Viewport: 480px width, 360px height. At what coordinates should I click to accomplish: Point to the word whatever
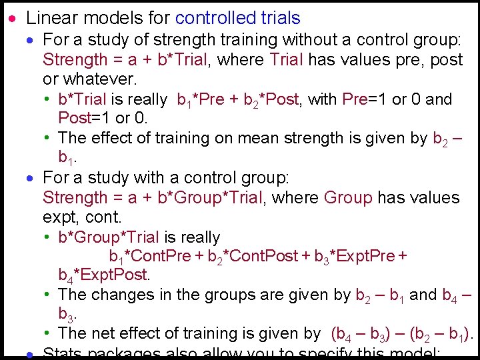coord(99,79)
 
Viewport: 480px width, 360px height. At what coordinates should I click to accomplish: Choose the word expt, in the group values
coord(61,217)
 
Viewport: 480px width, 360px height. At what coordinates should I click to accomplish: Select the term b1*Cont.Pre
coord(150,257)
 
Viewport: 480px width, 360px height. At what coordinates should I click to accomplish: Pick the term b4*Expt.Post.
coord(104,275)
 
